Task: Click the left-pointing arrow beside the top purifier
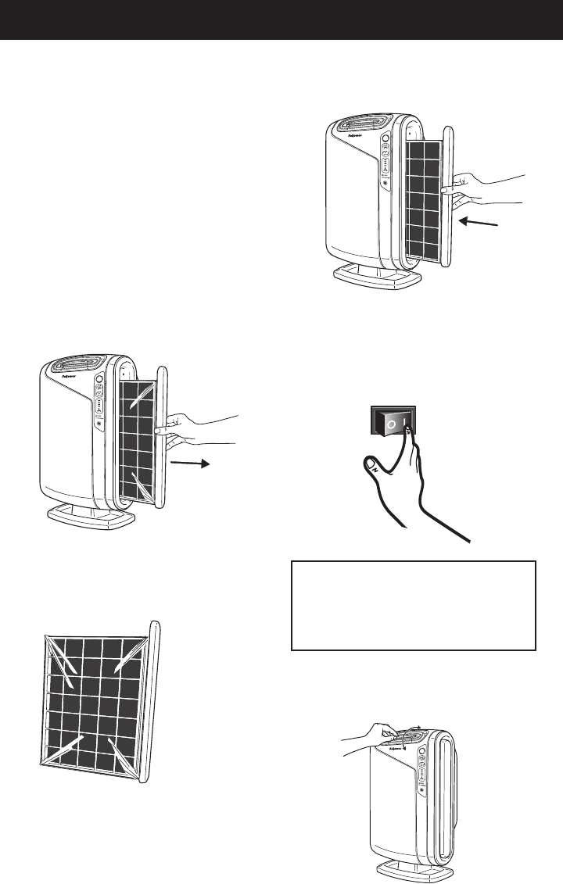[x=479, y=223]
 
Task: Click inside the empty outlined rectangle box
[x=413, y=605]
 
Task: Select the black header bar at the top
[x=281, y=20]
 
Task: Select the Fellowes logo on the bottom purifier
[x=399, y=747]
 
